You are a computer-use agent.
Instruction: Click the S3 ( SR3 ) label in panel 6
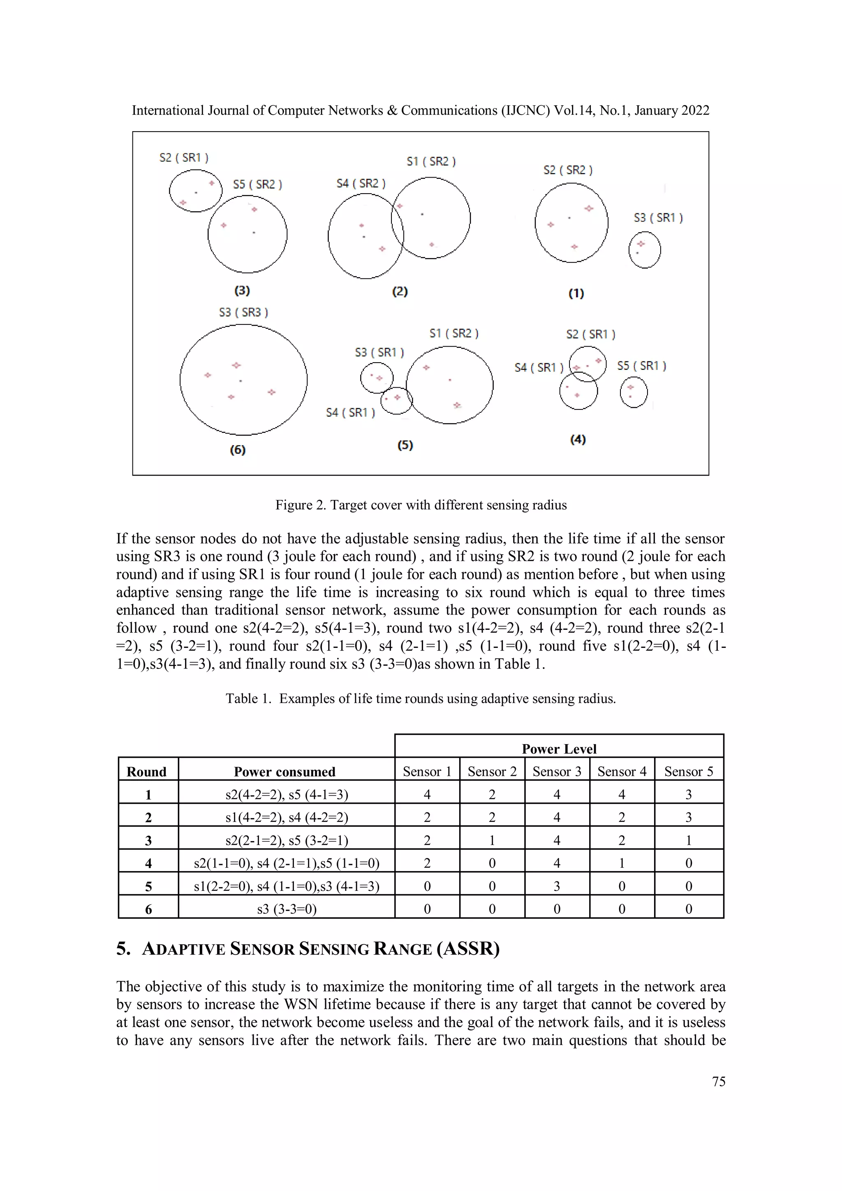pos(243,312)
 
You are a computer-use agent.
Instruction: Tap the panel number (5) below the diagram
pos(405,445)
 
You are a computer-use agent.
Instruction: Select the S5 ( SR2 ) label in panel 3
pos(257,184)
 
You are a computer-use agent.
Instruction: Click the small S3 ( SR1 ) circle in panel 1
pos(644,250)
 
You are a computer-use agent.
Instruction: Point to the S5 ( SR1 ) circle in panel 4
pos(634,392)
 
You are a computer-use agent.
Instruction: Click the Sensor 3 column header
pos(557,771)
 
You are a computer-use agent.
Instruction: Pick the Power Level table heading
pos(559,749)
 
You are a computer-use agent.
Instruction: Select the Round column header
pos(147,772)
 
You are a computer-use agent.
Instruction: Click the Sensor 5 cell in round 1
pos(688,794)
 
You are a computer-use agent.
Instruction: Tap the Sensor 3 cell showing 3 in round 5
pos(557,886)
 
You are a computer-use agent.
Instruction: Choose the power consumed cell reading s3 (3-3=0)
pos(287,909)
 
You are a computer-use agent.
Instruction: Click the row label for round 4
pos(148,863)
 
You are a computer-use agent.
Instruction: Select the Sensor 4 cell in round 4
pos(622,863)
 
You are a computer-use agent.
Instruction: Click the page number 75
pos(719,1082)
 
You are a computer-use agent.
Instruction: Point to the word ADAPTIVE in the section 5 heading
pos(184,949)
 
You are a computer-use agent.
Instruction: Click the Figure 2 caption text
pos(421,505)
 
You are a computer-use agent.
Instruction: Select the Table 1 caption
pos(421,699)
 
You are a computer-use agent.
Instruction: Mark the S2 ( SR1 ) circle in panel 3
pos(196,190)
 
